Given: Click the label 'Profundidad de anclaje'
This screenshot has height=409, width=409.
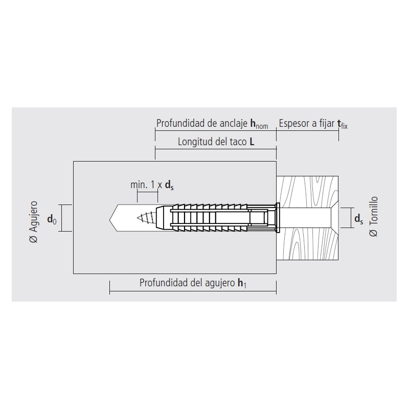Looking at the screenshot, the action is tap(201, 123).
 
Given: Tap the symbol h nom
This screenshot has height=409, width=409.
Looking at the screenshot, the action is tap(259, 124).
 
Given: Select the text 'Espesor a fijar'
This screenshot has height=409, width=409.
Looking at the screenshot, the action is tap(306, 123).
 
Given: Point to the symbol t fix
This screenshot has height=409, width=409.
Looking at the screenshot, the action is tap(343, 124).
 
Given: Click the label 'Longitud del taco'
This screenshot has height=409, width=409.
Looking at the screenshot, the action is tap(212, 142).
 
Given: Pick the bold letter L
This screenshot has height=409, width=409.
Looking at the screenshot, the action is tap(252, 142).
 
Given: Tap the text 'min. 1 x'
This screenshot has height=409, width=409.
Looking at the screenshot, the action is tap(146, 185).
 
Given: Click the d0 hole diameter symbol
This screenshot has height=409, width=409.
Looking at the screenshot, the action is tap(52, 219).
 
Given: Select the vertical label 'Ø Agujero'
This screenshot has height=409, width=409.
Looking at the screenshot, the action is tap(34, 222).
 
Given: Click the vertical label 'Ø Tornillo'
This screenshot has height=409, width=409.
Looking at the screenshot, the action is tap(374, 216).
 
